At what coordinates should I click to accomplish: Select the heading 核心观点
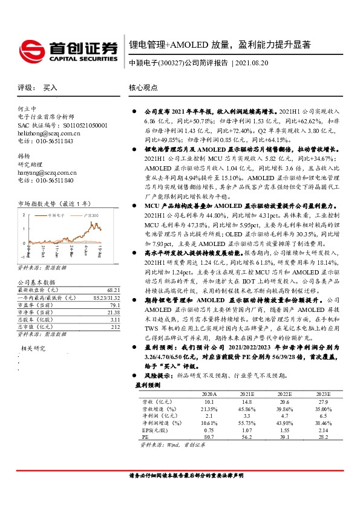point(143,88)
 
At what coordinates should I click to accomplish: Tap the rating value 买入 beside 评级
point(50,88)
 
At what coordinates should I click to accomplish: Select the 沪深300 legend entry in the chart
point(91,215)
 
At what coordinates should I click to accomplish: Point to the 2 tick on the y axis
point(24,215)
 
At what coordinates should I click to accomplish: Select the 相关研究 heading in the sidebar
point(33,348)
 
